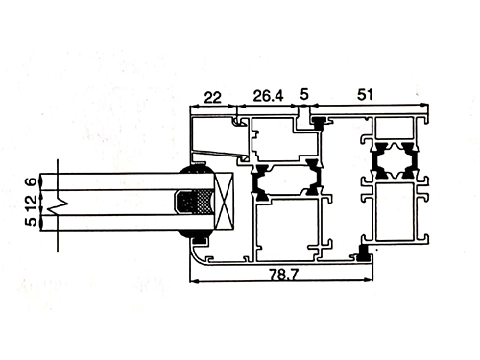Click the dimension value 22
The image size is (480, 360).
click(x=212, y=97)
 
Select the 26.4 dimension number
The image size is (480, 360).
click(x=268, y=96)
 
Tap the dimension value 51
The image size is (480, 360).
click(x=365, y=95)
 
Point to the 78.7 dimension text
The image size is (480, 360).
click(x=283, y=275)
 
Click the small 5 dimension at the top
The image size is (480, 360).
click(x=304, y=94)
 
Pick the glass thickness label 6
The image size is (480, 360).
click(x=32, y=181)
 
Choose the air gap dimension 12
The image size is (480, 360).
click(x=32, y=204)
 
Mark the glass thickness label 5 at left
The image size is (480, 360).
click(x=32, y=222)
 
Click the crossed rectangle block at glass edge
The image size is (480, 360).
click(x=224, y=202)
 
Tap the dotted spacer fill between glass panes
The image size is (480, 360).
click(x=204, y=202)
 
